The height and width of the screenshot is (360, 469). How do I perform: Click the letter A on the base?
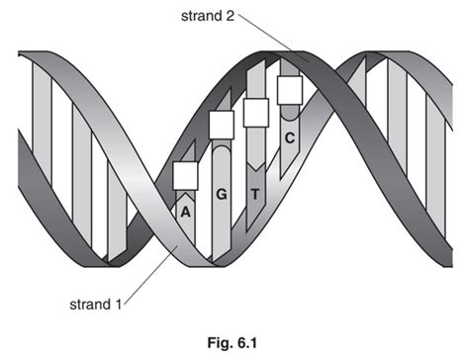tap(185, 210)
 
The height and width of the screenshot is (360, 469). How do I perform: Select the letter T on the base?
tap(254, 194)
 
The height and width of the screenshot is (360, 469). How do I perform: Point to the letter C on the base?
tap(289, 137)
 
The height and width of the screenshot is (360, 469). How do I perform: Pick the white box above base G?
tap(222, 125)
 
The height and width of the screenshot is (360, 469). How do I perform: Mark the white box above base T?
tap(255, 112)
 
